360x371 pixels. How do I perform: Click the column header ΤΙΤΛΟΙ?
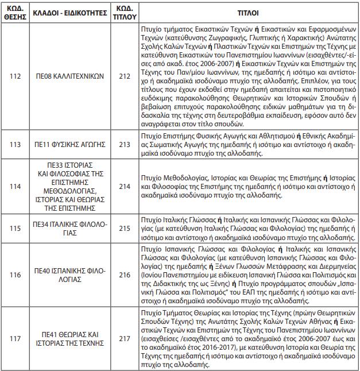247,11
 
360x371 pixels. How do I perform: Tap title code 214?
124,186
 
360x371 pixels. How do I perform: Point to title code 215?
124,228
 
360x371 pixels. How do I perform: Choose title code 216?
124,275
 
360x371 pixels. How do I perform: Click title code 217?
124,339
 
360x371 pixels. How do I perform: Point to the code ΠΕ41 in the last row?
50,334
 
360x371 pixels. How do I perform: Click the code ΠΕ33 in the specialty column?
48,164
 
